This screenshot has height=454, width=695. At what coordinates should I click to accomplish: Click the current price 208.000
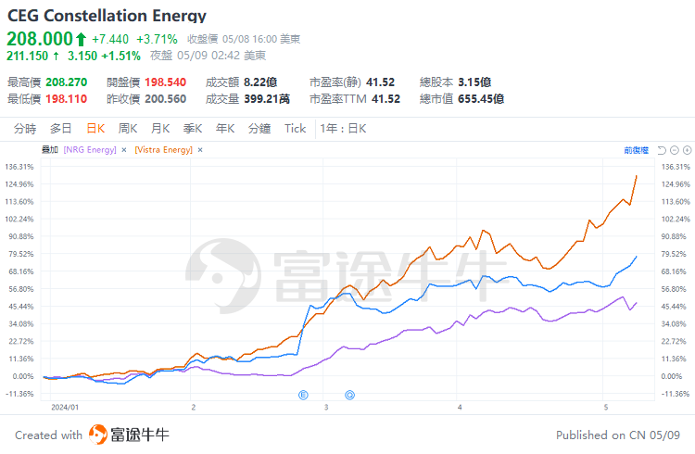pos(40,39)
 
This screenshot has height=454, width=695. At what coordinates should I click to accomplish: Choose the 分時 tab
pos(25,129)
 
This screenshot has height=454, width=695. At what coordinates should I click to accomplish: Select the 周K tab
pos(128,129)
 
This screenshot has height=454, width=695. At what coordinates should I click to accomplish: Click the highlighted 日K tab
pos(95,129)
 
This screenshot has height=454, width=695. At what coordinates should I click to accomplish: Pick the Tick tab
pos(295,129)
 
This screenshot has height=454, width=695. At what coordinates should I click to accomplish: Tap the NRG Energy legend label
pos(90,149)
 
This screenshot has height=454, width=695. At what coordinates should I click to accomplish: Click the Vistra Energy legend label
pos(164,149)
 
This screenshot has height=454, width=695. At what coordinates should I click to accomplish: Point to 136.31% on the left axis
pos(19,167)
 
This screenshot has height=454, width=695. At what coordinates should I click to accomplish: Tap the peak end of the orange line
pos(637,175)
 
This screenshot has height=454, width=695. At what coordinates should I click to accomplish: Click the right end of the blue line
pos(637,257)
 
